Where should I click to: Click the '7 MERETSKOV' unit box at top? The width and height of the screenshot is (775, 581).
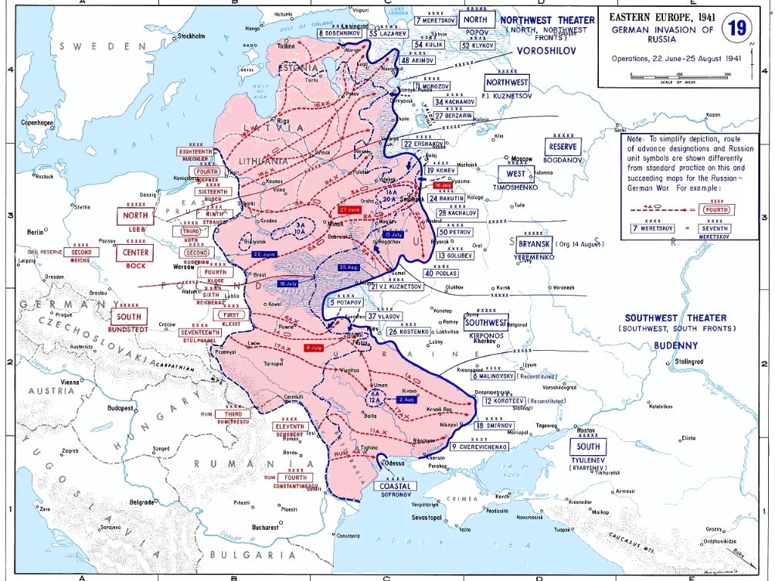coord(435,20)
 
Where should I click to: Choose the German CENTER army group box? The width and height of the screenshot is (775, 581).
coord(134,253)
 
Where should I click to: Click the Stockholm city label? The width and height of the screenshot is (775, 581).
coord(190,36)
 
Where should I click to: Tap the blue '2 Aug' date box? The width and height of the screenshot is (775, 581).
coord(406,399)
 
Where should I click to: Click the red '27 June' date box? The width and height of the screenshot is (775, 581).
coord(348,210)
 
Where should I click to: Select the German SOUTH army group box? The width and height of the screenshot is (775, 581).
coord(129,316)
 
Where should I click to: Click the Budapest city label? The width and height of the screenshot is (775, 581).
coord(123,406)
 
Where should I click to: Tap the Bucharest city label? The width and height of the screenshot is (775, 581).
coord(265,528)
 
